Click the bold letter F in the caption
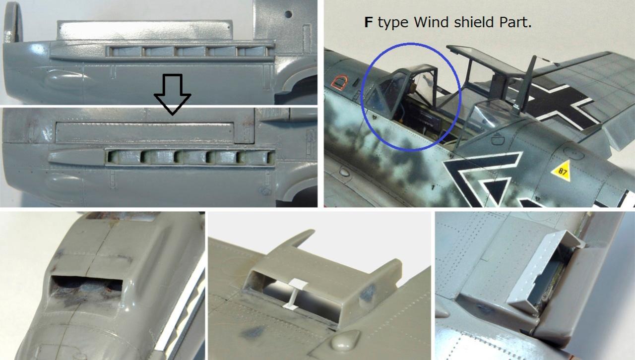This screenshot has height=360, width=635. [368, 22]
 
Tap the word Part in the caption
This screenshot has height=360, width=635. [513, 22]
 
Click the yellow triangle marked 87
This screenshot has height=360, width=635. [561, 171]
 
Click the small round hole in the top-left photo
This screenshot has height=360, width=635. [288, 14]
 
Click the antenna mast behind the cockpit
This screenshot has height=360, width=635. [526, 85]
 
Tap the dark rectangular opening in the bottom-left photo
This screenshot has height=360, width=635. [86, 286]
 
